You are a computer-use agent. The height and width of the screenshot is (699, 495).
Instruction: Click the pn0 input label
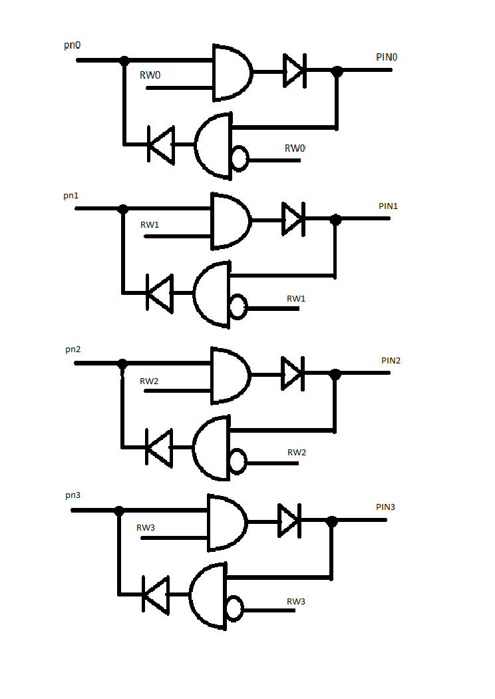(x=72, y=45)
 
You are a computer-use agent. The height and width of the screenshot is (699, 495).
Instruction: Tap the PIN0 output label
(x=387, y=57)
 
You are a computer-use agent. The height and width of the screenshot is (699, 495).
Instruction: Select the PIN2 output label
(x=391, y=360)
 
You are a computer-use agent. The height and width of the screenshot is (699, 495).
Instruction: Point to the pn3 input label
(x=73, y=495)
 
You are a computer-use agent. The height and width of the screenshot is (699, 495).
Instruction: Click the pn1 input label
(x=71, y=196)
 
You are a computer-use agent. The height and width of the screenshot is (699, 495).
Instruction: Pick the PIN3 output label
(x=385, y=507)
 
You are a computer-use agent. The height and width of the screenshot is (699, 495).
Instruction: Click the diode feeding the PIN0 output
(x=295, y=71)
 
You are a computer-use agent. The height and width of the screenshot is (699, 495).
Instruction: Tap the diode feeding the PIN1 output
(x=293, y=219)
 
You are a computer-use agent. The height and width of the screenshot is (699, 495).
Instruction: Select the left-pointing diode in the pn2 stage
(x=159, y=447)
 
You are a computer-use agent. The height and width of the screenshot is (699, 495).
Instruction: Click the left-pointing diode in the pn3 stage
(x=156, y=594)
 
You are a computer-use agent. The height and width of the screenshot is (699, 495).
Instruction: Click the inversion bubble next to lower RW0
(x=240, y=158)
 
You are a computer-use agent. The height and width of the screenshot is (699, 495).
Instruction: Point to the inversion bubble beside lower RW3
(x=235, y=608)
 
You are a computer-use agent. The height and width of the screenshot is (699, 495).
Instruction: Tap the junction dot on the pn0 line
(x=125, y=60)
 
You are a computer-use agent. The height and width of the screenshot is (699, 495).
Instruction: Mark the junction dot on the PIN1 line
(x=335, y=219)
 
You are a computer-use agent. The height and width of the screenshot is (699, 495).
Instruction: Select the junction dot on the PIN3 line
(x=331, y=521)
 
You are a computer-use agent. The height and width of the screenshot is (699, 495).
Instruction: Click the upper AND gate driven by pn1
(x=231, y=220)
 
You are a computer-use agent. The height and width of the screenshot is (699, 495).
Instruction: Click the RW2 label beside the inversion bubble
(x=297, y=453)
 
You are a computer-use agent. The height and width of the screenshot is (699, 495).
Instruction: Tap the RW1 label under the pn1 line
(x=150, y=225)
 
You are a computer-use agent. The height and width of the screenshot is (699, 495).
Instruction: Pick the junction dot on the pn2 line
(x=122, y=363)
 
